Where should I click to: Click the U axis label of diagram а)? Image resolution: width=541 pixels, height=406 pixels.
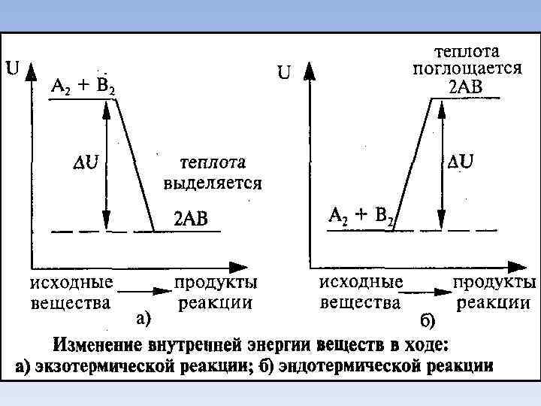tap(13, 68)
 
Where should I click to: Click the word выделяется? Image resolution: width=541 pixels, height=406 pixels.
tap(213, 183)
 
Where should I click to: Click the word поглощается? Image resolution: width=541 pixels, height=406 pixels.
tap(467, 68)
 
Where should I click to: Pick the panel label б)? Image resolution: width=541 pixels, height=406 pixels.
tap(426, 322)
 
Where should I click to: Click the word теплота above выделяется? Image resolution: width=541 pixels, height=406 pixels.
tap(213, 165)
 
